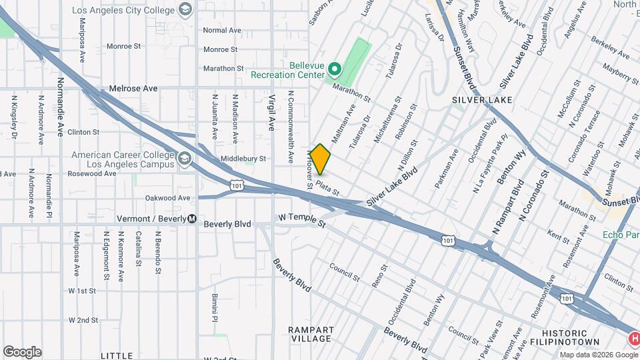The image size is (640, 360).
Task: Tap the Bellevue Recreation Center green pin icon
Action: [335, 69]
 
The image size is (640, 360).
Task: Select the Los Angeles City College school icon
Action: [185, 10]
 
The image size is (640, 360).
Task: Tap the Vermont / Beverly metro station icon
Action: [192, 219]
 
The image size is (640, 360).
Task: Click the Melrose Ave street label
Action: [133, 89]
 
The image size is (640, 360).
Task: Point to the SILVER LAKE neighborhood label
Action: [482, 100]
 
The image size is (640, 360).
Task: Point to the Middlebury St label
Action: [243, 159]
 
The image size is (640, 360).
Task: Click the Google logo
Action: [22, 352]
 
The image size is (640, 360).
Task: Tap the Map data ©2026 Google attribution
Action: [598, 355]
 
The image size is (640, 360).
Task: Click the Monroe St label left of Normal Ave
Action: [124, 47]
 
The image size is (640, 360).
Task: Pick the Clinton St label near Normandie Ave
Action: [83, 132]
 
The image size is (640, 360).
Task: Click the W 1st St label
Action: [83, 291]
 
